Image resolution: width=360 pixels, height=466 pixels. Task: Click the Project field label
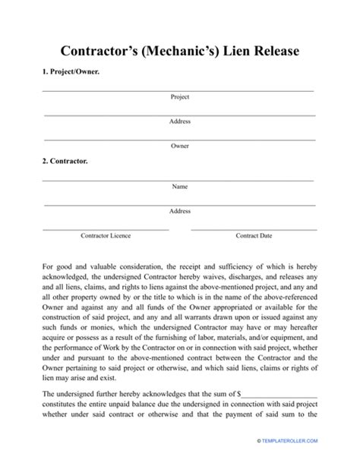(x=180, y=97)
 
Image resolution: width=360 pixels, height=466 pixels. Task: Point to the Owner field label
(x=180, y=145)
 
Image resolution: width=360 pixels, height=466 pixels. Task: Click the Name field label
(x=180, y=186)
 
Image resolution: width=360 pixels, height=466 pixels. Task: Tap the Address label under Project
(x=180, y=121)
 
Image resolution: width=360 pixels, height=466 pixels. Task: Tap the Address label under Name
(x=180, y=211)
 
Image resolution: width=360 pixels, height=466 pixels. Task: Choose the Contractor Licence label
(x=106, y=236)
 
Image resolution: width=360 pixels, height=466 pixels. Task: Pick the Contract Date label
(x=254, y=236)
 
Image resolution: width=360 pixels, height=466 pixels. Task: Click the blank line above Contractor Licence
(x=106, y=228)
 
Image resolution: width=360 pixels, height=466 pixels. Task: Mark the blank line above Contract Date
(x=254, y=228)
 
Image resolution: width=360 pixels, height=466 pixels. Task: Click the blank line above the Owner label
(x=180, y=139)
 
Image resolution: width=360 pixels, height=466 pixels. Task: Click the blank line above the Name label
(x=180, y=180)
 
